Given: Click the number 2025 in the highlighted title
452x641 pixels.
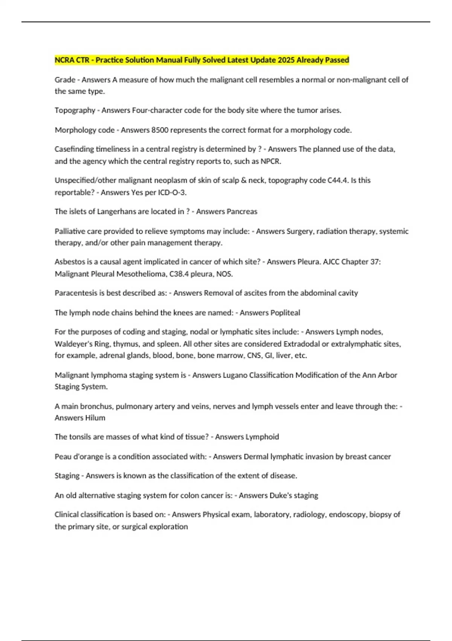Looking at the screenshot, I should tap(286, 60).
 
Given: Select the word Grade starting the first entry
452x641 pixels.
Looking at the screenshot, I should tap(65, 80).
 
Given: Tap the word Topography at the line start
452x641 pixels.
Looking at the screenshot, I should tap(75, 110).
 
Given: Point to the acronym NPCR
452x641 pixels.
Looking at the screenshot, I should tap(270, 161).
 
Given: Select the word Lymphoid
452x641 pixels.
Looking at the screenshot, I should tap(263, 437).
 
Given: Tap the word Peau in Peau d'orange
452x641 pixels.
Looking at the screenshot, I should tap(63, 457).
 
